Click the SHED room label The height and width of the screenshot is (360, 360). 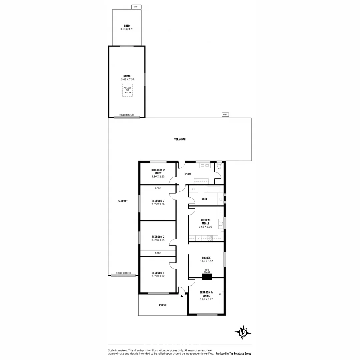tap(127, 26)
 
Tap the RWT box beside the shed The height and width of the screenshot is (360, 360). tap(136, 7)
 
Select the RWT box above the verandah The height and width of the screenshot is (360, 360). tap(225, 115)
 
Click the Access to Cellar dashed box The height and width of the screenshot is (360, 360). tap(127, 90)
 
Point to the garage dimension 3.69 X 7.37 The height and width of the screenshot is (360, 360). tap(127, 79)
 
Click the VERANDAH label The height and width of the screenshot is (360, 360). tap(180, 139)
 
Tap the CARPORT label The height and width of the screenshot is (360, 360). tap(123, 201)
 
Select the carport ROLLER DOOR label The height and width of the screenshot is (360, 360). tap(123, 273)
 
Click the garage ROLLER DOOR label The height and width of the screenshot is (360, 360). tap(126, 115)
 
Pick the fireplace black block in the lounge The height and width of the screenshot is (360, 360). tap(207, 276)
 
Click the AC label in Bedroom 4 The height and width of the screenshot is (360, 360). tap(220, 294)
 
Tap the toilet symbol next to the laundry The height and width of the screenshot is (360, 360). tap(219, 166)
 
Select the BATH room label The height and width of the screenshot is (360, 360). tap(204, 199)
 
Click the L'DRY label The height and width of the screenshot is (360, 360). tap(188, 174)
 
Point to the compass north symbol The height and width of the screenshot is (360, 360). tap(243, 332)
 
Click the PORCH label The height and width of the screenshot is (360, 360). tap(163, 305)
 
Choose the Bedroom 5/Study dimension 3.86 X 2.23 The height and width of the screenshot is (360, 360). tap(158, 176)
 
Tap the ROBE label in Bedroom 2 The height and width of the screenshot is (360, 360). tap(158, 253)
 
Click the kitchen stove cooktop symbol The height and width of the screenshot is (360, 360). tap(210, 238)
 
